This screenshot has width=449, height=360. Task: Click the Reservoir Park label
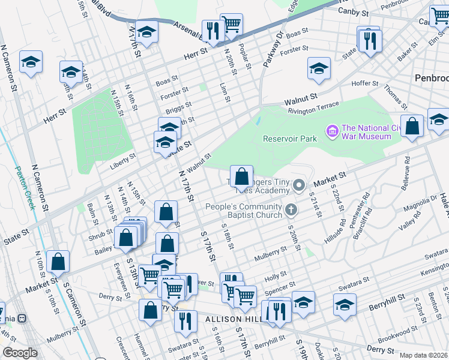pos(289,139)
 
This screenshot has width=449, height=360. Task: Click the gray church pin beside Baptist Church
pos(291,210)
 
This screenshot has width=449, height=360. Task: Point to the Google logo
pos(20,353)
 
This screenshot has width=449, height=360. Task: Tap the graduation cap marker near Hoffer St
pos(319,68)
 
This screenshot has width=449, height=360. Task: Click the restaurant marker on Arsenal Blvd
pos(213,30)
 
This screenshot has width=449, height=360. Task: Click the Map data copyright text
pos(423,355)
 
